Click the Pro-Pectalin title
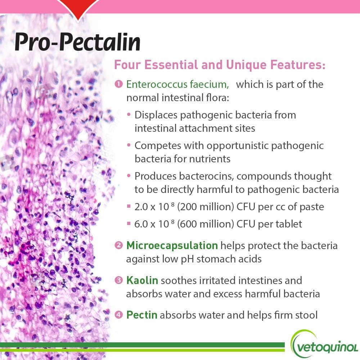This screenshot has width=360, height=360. (77, 42)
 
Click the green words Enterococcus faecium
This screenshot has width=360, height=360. (177, 85)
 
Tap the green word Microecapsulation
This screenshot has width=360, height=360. (172, 246)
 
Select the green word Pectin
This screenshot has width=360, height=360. (141, 315)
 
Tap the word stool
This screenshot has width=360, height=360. (305, 315)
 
